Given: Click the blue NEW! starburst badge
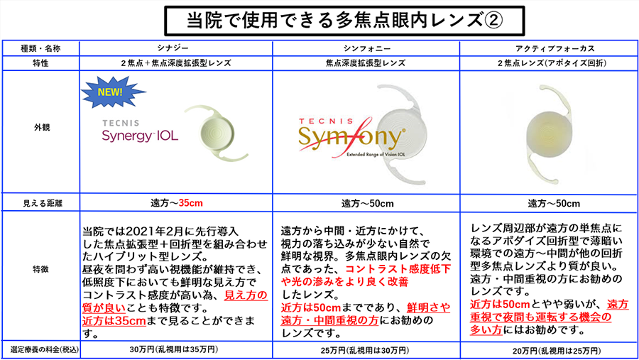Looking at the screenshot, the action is point(112,92).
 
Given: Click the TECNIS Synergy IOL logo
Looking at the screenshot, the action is point(140,131).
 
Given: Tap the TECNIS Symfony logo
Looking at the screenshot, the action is point(351,137).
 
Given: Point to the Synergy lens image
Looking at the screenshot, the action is point(217,133).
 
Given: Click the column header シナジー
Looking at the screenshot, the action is point(173,48).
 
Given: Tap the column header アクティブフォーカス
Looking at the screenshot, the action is point(555,48).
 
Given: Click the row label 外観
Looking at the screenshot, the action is point(42,127).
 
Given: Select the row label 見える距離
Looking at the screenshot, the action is point(43,203).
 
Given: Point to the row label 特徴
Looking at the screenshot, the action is point(40,268).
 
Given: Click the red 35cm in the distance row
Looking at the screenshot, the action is point(191,203).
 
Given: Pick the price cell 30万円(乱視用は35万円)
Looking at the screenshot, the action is point(174,349).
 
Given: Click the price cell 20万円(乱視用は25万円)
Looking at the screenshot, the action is point(557,351).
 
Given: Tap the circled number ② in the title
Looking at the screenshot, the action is point(493,21).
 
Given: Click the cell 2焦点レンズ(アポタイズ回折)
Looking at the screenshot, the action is point(552,63).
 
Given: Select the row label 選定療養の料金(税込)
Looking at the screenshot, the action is point(45,349).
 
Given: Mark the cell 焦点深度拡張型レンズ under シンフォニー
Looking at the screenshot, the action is point(366,63).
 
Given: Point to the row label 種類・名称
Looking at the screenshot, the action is point(40,48).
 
